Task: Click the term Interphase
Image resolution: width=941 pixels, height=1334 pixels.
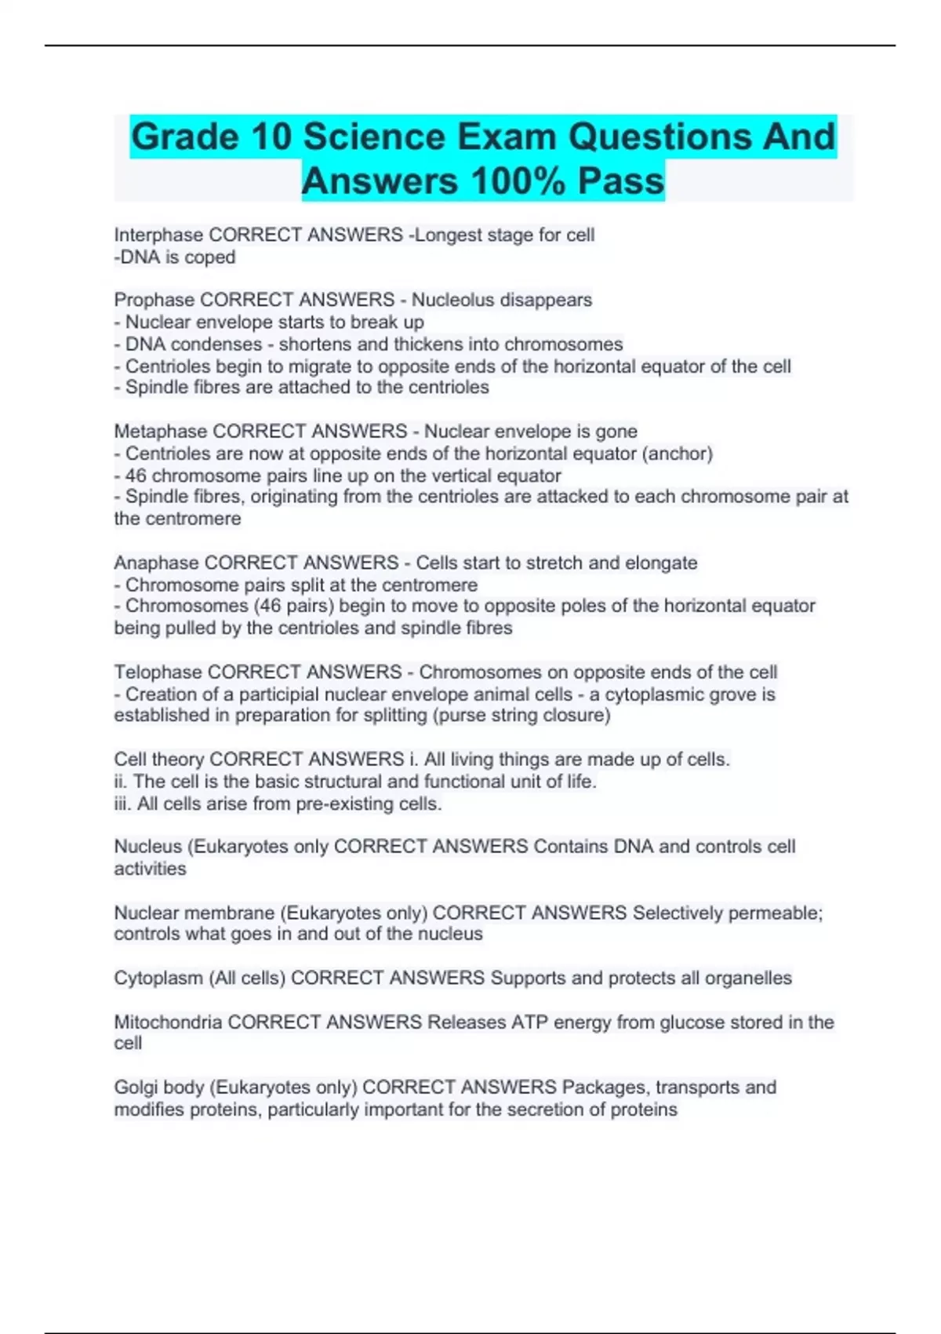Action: (159, 235)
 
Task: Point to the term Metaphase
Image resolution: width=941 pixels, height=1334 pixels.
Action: (161, 431)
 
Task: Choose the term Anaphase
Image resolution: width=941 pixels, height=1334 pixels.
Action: (156, 563)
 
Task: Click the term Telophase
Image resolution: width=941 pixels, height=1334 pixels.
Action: (158, 672)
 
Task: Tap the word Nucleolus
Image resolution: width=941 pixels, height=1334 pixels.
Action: (453, 300)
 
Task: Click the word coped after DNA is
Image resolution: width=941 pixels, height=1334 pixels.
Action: (210, 257)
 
